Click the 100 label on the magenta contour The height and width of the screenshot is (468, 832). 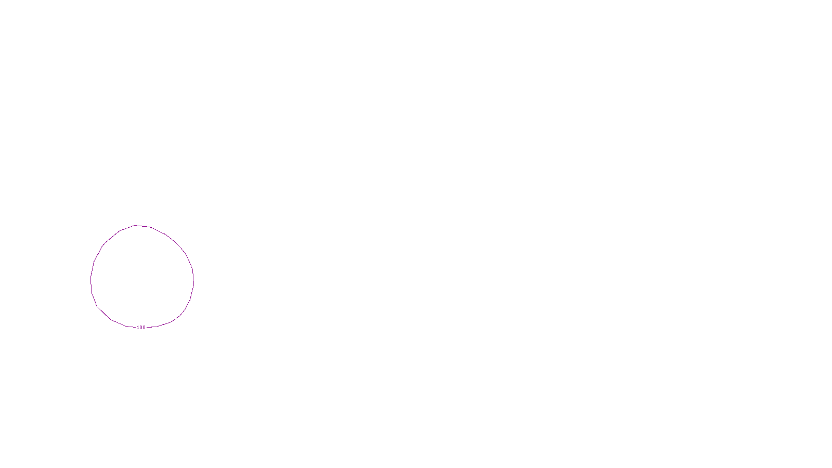click(141, 328)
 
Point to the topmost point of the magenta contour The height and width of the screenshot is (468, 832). click(136, 225)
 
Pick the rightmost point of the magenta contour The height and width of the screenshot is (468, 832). click(194, 282)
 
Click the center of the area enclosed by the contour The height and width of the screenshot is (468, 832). click(142, 277)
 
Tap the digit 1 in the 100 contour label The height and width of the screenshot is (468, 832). click(138, 328)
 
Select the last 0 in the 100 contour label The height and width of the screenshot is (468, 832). click(144, 328)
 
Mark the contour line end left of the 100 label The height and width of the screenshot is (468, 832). click(135, 328)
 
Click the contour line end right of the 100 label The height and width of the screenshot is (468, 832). click(148, 328)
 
